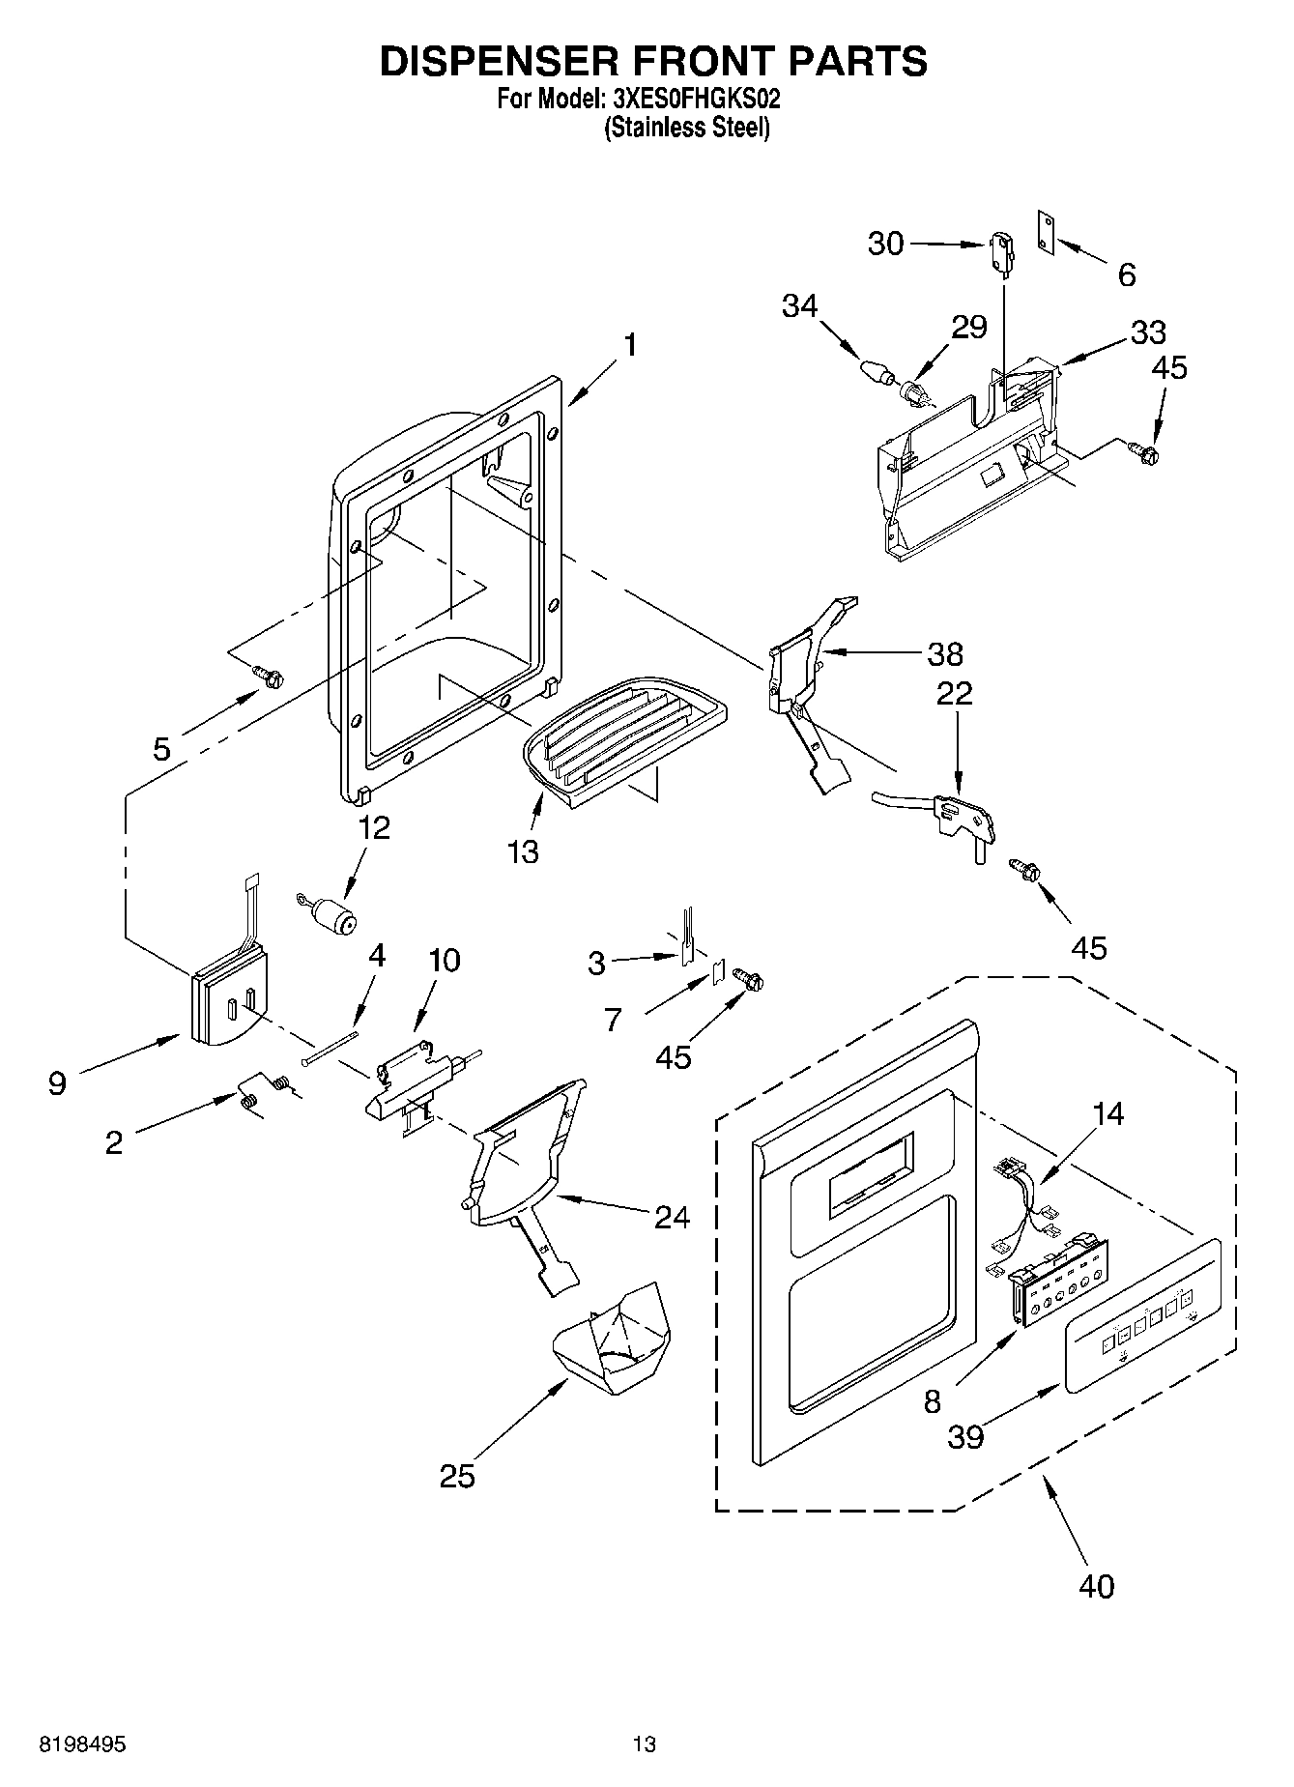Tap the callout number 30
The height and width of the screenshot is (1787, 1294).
(885, 244)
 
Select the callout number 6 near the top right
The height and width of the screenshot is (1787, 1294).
(1127, 275)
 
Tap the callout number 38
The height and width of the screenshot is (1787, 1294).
(945, 654)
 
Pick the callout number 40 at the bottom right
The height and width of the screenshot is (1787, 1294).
(1095, 1586)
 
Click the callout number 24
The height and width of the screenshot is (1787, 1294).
(672, 1217)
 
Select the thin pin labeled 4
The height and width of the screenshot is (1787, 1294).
(330, 1048)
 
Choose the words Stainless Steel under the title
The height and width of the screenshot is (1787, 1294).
(687, 128)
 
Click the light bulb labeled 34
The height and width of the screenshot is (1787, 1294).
(874, 372)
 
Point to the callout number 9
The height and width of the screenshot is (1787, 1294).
(57, 1083)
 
